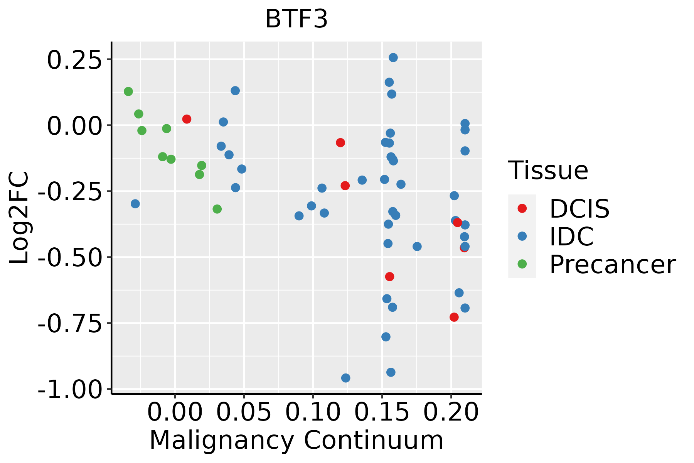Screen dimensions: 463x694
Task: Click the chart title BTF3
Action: (296, 19)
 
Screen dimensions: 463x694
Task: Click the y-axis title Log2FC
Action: (19, 218)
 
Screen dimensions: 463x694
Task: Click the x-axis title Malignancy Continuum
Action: (296, 440)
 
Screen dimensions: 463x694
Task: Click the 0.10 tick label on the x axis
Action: (313, 412)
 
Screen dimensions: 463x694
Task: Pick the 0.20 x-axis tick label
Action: (451, 412)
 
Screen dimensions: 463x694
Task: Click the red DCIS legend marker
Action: (522, 208)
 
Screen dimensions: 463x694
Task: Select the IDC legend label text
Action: (571, 237)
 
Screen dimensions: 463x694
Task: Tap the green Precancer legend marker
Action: (522, 264)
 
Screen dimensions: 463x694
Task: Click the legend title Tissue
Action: (548, 170)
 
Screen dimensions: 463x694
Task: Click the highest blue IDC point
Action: (393, 57)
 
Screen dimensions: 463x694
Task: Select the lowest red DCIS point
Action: (454, 317)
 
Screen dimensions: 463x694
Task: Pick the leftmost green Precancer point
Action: (128, 91)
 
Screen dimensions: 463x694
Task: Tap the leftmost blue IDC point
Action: (135, 204)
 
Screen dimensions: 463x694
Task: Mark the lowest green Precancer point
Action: (217, 209)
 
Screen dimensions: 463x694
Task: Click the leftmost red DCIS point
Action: (187, 119)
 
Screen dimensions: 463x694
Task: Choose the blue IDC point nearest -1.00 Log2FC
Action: (346, 378)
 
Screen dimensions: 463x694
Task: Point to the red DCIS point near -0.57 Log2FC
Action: (389, 277)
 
